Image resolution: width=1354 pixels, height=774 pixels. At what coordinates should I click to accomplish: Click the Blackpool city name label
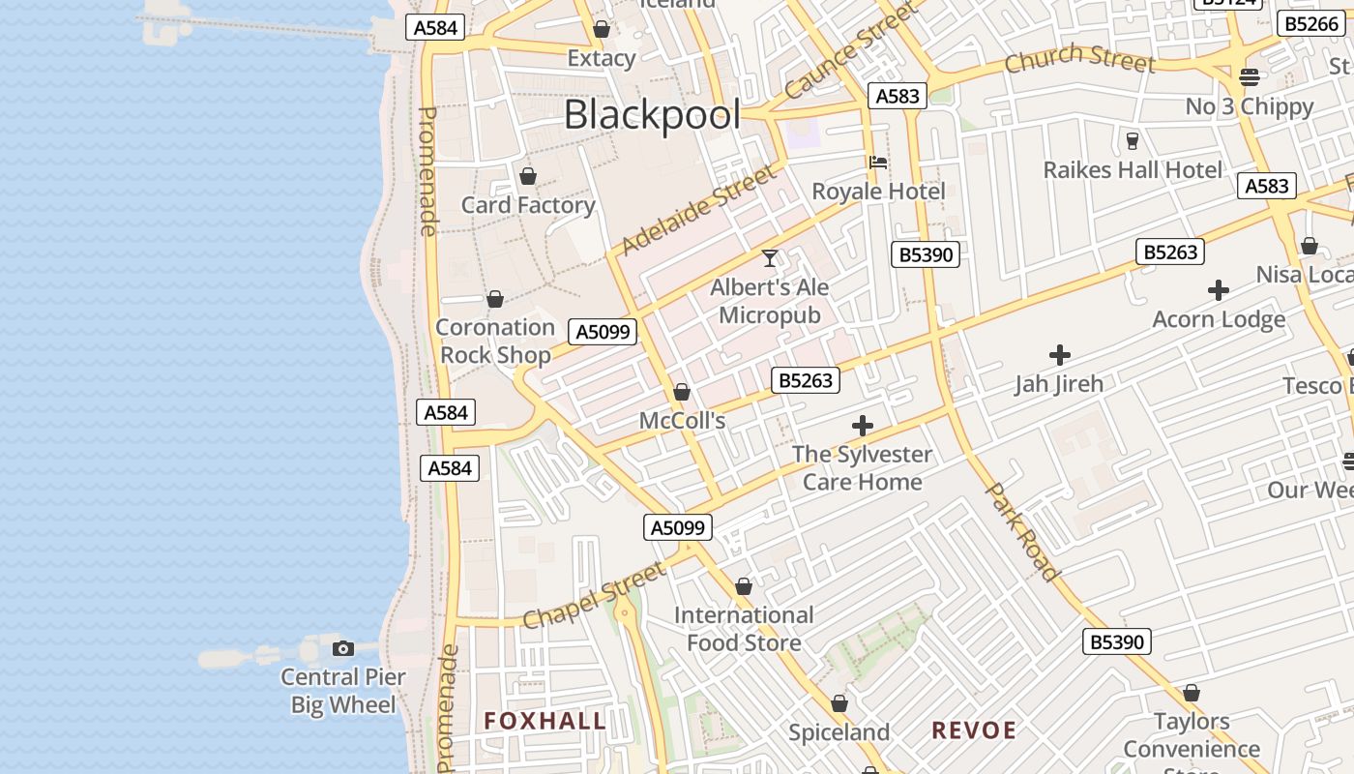[652, 115]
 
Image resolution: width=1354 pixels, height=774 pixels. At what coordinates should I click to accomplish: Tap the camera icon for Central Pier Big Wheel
[342, 648]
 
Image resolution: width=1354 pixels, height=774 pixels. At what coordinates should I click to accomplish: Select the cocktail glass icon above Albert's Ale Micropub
[770, 258]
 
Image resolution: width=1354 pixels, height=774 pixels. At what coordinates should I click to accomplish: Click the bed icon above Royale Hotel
[878, 162]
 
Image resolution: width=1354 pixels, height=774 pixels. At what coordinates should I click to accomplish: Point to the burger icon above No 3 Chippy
[1250, 77]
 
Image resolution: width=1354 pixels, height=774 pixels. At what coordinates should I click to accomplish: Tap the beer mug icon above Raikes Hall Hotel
[1133, 141]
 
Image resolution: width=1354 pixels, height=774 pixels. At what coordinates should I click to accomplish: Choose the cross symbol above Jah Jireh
[1060, 355]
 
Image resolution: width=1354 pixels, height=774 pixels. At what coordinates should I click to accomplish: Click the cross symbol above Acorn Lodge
[1219, 289]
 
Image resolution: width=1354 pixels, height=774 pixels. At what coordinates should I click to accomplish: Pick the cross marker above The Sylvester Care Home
[862, 425]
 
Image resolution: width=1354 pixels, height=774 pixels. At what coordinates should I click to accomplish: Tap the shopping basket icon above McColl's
[682, 392]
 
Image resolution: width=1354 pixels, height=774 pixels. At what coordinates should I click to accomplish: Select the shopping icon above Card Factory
[528, 176]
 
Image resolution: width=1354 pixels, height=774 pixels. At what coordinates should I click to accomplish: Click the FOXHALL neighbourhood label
[545, 721]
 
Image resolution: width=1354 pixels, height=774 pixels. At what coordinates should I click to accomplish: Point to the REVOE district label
[974, 730]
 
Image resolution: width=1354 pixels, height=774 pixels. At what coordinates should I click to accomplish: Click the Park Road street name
[1022, 531]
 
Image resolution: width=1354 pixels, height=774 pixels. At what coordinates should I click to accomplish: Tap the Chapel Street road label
[595, 594]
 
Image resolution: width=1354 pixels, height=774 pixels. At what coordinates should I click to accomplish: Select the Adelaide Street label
[698, 210]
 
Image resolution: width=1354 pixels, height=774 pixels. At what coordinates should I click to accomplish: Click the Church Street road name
[1079, 60]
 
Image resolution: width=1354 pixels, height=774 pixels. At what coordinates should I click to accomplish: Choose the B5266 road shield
[1310, 23]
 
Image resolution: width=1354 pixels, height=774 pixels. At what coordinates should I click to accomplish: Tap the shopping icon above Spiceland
[839, 703]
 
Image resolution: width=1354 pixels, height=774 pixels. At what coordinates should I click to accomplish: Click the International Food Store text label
[744, 629]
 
